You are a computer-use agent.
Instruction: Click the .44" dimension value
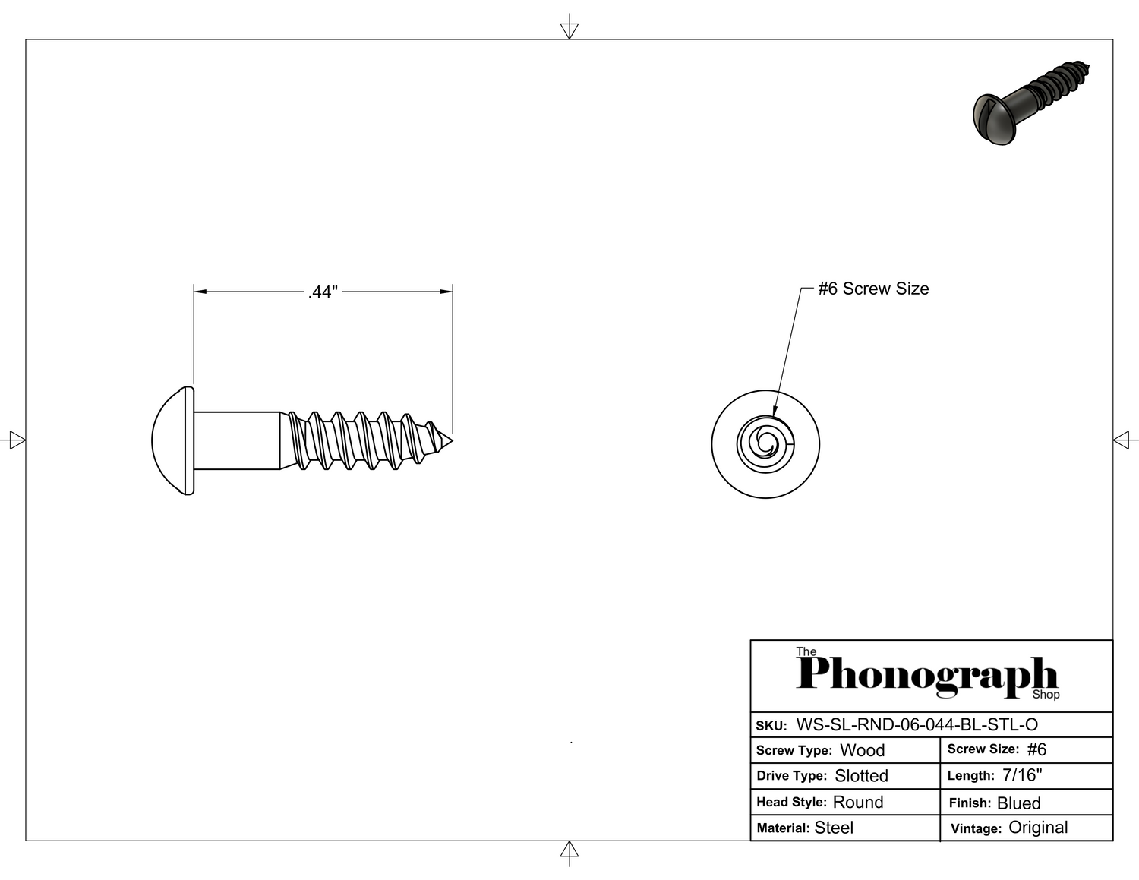[x=323, y=292]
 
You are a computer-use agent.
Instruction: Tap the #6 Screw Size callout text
[x=873, y=289]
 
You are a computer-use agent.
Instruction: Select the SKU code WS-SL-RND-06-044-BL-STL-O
[x=917, y=725]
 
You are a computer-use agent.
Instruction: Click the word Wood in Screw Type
[x=863, y=750]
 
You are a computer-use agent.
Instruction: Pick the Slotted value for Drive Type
[x=861, y=776]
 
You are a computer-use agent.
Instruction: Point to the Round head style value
[x=858, y=802]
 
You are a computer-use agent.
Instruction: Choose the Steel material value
[x=834, y=828]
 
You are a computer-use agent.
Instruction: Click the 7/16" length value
[x=1022, y=774]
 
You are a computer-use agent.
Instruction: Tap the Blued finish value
[x=1019, y=803]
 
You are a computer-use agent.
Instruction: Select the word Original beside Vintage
[x=1038, y=827]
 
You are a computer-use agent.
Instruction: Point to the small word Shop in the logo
[x=1046, y=695]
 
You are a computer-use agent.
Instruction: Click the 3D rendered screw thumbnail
[x=1030, y=103]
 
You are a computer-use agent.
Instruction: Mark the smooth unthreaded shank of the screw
[x=237, y=441]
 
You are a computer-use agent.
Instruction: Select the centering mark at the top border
[x=569, y=27]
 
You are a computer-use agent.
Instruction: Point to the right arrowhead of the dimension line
[x=446, y=292]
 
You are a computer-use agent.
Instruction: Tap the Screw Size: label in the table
[x=983, y=749]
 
